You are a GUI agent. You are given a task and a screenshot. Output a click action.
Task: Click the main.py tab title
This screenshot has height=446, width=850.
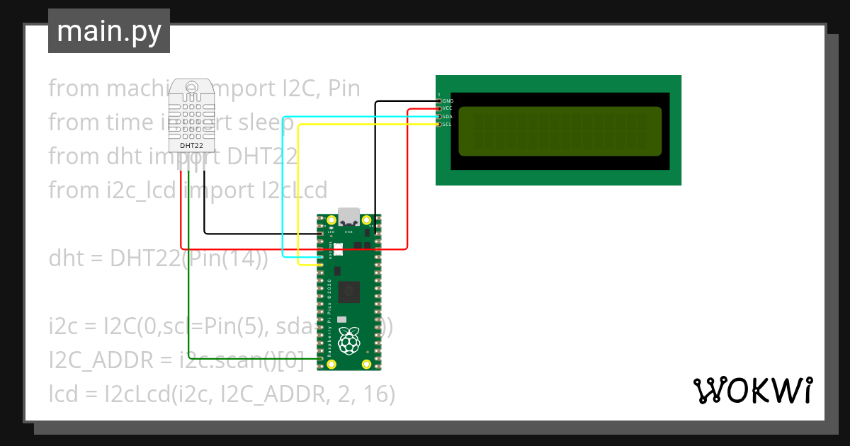(x=109, y=31)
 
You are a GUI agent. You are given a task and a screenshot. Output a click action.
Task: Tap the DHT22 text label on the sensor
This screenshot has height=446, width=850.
(x=192, y=145)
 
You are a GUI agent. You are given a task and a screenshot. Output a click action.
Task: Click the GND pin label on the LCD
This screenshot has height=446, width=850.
(x=448, y=101)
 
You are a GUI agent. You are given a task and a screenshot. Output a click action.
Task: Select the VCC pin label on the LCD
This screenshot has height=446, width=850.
(x=448, y=108)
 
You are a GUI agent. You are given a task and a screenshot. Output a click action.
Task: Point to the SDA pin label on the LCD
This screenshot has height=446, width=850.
(x=448, y=116)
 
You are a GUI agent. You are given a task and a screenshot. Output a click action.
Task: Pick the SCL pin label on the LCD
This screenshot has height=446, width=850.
(x=447, y=124)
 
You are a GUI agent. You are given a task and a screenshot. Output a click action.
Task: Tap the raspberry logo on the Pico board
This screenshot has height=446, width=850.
(x=348, y=341)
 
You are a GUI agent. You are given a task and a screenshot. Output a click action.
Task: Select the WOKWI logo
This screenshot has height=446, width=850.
(x=752, y=390)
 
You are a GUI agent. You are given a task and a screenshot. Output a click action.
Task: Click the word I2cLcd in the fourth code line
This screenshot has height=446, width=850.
(x=293, y=190)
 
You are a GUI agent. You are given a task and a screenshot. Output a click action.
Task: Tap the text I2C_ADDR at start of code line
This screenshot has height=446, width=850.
(x=100, y=360)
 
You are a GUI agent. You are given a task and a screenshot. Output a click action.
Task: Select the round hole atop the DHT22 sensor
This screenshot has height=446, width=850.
(x=192, y=86)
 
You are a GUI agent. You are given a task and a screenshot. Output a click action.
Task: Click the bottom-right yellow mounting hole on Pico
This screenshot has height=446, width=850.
(x=366, y=364)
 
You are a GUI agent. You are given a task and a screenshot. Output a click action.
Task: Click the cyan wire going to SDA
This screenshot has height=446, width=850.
(x=283, y=184)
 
